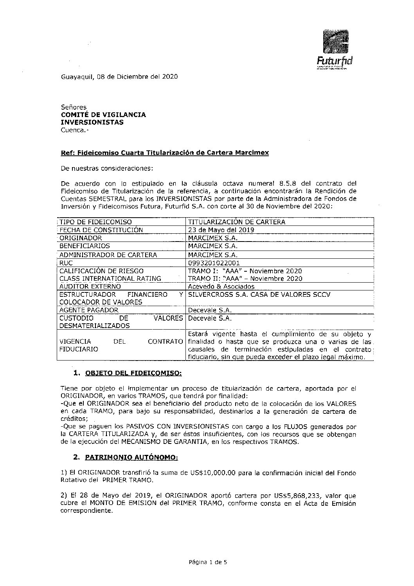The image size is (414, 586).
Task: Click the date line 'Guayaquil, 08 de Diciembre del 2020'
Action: click(119, 76)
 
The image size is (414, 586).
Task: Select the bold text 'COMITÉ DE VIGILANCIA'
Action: click(103, 115)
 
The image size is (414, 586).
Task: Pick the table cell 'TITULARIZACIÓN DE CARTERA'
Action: click(237, 222)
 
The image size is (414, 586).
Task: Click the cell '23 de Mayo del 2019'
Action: click(221, 230)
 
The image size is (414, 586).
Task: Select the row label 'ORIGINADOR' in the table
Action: click(81, 238)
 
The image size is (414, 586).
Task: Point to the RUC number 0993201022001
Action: click(214, 263)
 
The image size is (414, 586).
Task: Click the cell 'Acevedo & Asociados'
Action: click(221, 287)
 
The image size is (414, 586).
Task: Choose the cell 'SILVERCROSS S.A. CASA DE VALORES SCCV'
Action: click(259, 294)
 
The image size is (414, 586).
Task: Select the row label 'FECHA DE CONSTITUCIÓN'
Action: click(101, 230)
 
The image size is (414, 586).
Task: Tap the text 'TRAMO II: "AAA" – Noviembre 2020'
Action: click(245, 279)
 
